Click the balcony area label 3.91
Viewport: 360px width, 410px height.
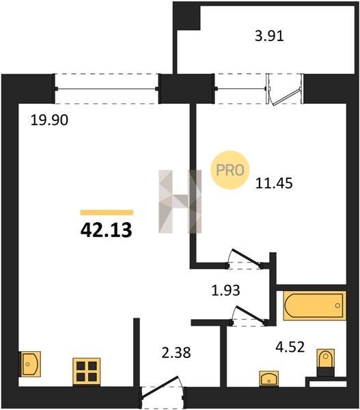[269, 36]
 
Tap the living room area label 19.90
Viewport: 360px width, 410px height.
[49, 120]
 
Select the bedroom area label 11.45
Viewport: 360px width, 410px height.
[274, 183]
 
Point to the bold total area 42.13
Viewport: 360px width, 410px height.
[106, 230]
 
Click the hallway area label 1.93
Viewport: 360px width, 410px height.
[225, 290]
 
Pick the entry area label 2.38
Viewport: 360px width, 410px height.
[176, 353]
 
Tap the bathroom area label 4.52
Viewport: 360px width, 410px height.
[290, 347]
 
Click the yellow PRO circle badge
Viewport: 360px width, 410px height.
[230, 170]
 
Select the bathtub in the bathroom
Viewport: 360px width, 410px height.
[315, 305]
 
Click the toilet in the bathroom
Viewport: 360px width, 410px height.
[325, 362]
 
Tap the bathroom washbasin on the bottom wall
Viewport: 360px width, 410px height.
[268, 379]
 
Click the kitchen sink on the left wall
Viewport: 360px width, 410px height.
[31, 364]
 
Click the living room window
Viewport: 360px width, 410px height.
[107, 89]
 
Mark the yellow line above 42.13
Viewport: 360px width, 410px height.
[107, 213]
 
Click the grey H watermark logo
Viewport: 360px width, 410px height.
[180, 202]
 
